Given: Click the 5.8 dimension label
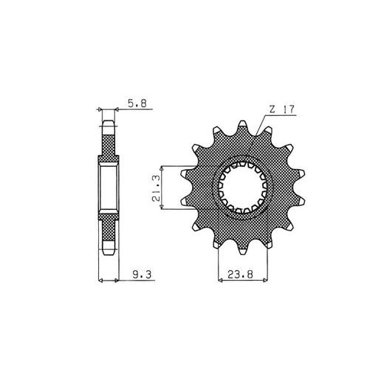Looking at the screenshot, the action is (x=137, y=103).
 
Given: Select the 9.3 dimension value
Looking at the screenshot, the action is (x=142, y=275).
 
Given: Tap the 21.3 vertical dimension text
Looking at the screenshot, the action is (x=156, y=188).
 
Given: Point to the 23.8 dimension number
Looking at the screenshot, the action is (x=240, y=274).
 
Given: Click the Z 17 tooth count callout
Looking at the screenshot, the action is (x=282, y=109).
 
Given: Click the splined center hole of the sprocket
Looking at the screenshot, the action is (x=243, y=188).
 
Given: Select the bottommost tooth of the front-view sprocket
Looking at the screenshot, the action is (x=243, y=250).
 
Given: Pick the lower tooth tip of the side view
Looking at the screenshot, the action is (x=109, y=248).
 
